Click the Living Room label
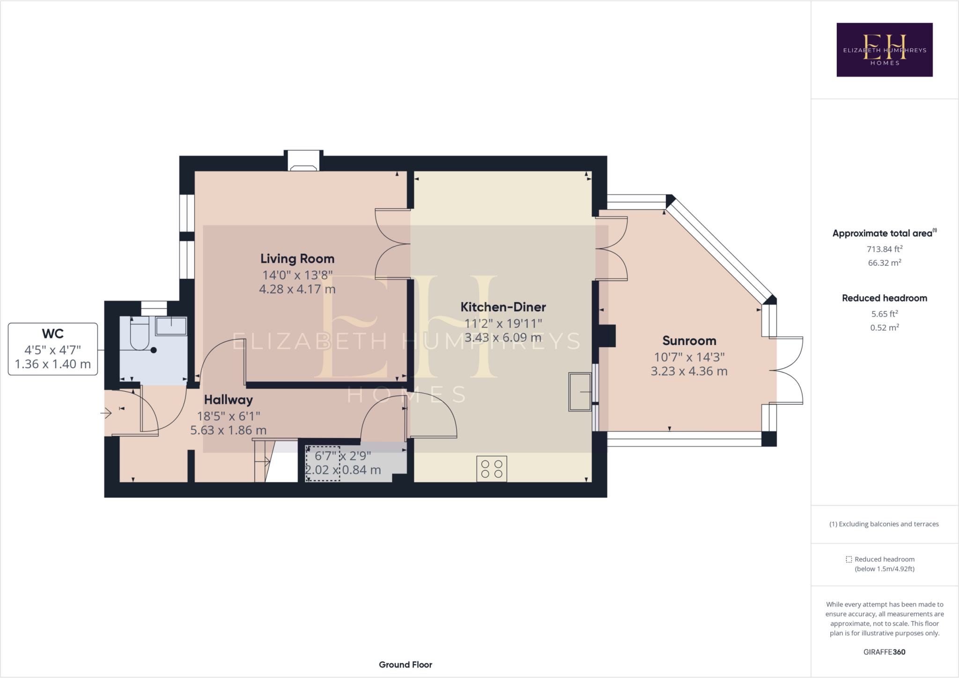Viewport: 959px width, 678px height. click(x=297, y=259)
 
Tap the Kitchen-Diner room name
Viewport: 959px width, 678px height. click(x=503, y=307)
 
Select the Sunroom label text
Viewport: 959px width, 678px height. click(x=689, y=341)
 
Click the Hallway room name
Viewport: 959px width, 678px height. click(x=229, y=400)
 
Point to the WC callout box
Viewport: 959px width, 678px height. click(x=53, y=349)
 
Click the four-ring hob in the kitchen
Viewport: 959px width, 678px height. click(x=492, y=468)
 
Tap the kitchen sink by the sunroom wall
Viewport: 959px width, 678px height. click(x=580, y=392)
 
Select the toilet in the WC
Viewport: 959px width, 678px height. click(x=139, y=334)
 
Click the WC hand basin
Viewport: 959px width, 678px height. click(x=171, y=326)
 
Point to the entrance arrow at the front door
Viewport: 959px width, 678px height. click(x=106, y=413)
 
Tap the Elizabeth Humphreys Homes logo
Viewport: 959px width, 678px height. click(x=884, y=50)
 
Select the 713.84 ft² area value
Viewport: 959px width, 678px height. click(x=884, y=249)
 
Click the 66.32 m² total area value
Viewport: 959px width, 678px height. click(x=884, y=262)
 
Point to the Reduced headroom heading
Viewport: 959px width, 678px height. click(x=884, y=298)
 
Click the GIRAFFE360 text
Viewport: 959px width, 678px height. click(x=884, y=652)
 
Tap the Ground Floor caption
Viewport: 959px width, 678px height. click(x=406, y=664)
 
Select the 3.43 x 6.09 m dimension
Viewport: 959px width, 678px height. click(x=503, y=337)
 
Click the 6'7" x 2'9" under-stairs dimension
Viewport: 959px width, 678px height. click(x=343, y=456)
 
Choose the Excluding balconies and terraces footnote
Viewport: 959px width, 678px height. click(x=884, y=524)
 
